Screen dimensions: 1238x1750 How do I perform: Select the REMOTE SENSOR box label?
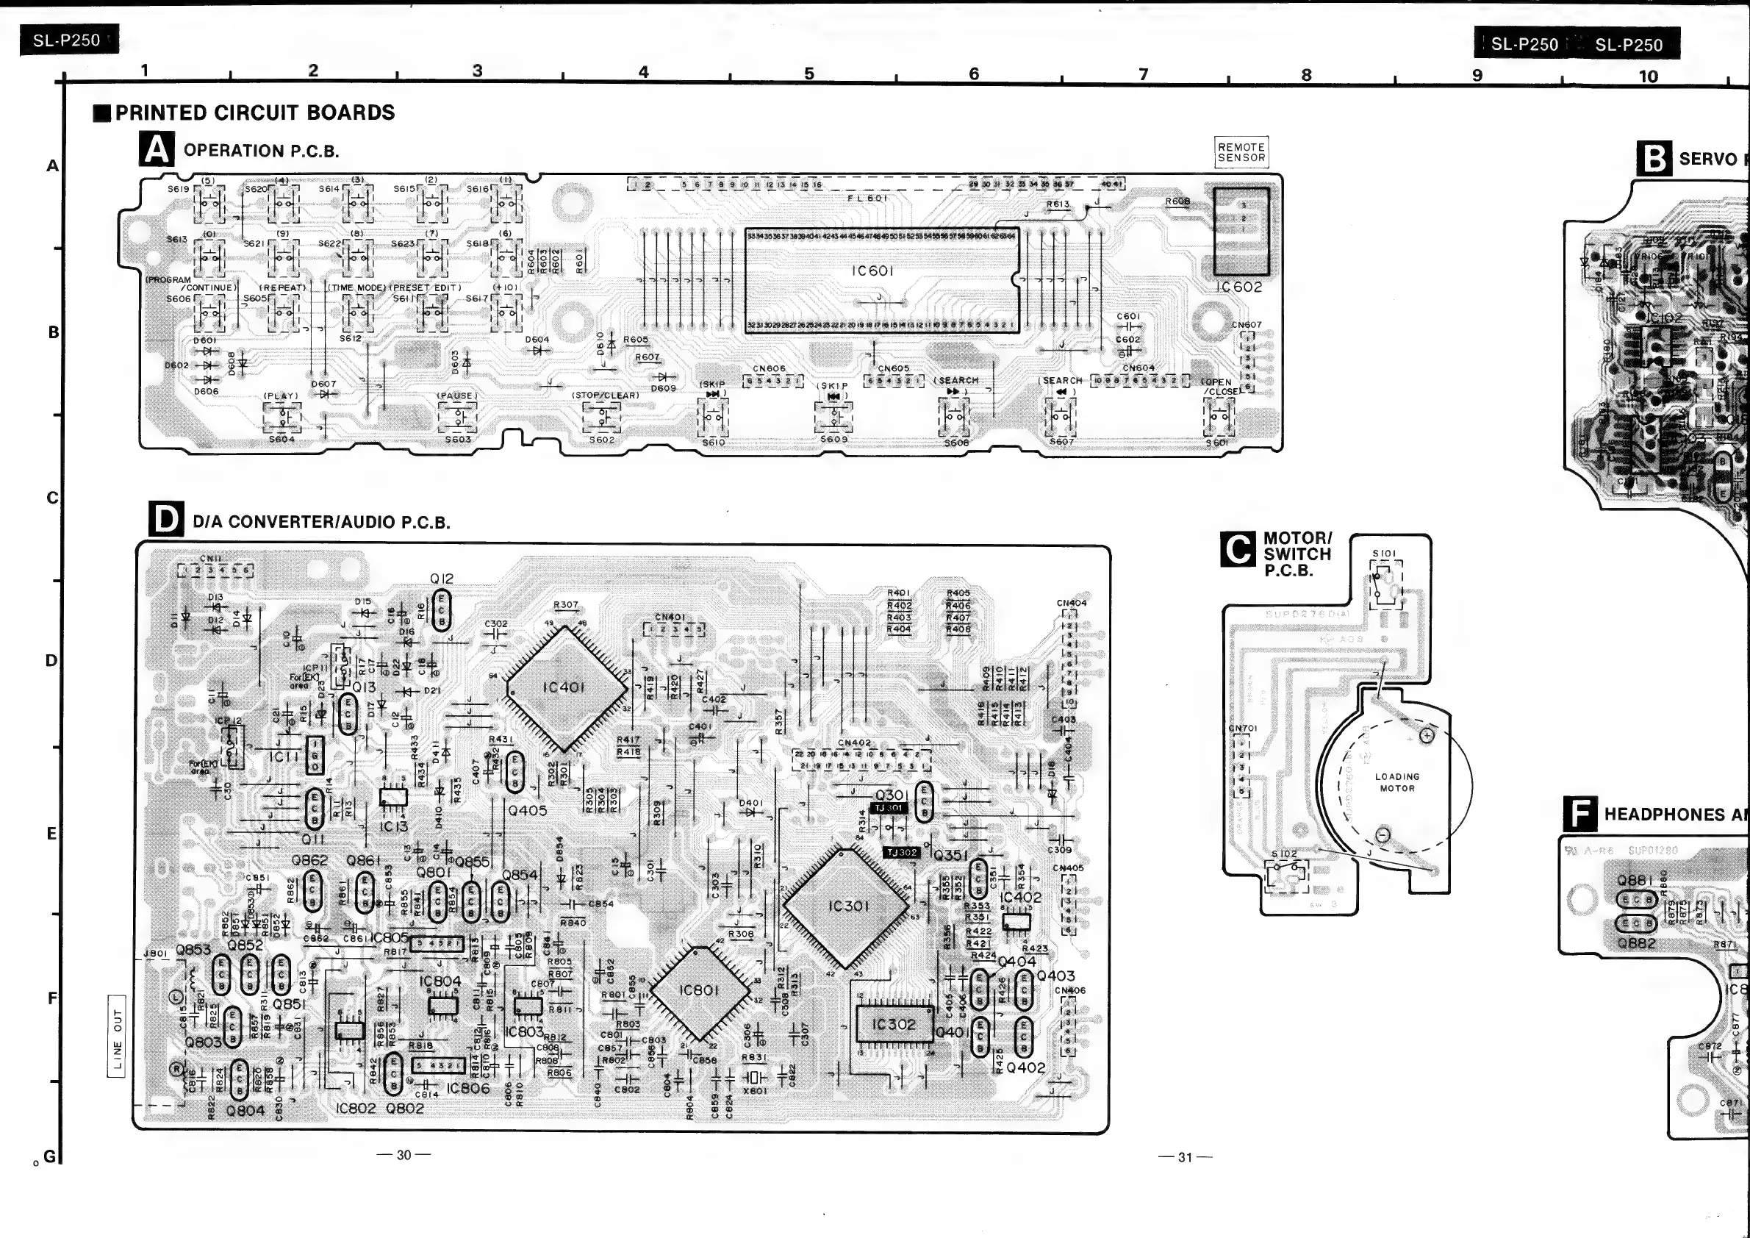coord(1241,152)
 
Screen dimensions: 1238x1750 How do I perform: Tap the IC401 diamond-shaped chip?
coord(565,687)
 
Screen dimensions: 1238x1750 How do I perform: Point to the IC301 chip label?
coord(848,906)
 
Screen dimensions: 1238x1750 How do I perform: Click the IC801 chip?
coord(699,990)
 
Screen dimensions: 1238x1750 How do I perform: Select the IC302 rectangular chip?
coord(893,1024)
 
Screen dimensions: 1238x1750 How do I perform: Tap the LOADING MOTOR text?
coord(1396,782)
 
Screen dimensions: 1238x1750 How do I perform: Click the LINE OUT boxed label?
coord(118,1036)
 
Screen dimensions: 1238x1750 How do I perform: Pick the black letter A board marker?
coord(157,149)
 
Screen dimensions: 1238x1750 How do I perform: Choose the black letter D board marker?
coord(166,520)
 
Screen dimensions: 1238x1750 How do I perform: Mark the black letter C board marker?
coord(1238,549)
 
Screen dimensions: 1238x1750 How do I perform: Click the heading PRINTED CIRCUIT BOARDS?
coord(254,112)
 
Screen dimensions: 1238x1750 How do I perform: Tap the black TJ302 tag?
coord(901,852)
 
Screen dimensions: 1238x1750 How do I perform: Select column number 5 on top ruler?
coord(808,74)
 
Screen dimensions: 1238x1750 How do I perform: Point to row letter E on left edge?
coord(52,833)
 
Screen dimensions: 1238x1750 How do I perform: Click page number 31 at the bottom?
coord(1185,1156)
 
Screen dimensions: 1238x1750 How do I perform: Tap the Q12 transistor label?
coord(441,579)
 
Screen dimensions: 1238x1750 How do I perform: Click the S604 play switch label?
coord(281,439)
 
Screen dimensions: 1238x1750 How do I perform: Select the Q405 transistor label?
coord(528,810)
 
